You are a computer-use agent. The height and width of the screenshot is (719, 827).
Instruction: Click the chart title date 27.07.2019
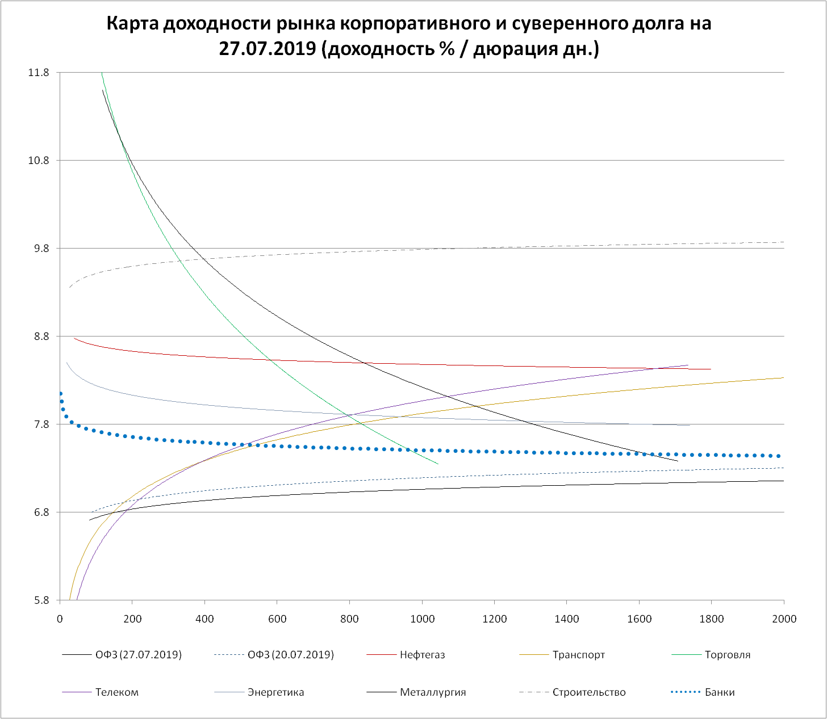268,49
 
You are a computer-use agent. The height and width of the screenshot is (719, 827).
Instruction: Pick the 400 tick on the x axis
204,619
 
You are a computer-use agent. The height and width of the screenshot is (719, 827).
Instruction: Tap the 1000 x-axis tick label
421,619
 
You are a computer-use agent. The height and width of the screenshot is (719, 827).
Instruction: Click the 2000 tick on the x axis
784,619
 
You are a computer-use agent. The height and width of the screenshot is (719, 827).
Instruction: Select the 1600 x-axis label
639,619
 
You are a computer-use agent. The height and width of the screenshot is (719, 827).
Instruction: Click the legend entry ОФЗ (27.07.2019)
139,655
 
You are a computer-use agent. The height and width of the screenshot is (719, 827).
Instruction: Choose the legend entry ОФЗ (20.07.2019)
291,655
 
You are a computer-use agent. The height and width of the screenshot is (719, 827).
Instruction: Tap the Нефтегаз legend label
422,655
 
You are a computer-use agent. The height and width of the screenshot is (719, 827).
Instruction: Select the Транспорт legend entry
578,655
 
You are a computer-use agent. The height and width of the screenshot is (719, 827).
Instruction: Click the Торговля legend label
727,655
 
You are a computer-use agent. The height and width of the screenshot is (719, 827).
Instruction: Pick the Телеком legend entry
116,692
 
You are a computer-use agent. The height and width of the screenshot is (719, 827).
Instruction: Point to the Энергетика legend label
275,692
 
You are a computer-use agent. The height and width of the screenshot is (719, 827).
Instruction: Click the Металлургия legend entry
433,692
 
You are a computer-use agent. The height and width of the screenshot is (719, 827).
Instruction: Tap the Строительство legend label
588,692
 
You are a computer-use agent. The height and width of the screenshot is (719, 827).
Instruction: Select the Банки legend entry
719,692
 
